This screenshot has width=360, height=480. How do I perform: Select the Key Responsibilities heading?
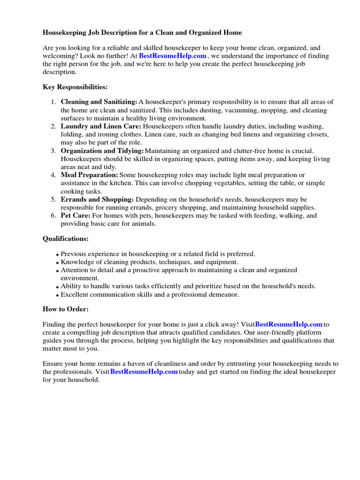coord(75,87)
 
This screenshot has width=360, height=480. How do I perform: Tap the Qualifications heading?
coord(66,239)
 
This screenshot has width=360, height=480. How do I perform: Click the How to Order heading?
coord(66,309)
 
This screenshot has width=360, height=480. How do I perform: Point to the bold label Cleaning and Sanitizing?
coord(99,102)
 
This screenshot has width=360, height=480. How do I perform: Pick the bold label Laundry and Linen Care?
coord(101,127)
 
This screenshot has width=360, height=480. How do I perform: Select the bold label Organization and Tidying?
coord(102,151)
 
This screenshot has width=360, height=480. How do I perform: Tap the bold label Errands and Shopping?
coord(97,200)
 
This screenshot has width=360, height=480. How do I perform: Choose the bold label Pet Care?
coord(75,216)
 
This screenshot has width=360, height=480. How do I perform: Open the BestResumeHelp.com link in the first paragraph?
coord(172,56)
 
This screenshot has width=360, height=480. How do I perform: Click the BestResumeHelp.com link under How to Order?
coord(289,324)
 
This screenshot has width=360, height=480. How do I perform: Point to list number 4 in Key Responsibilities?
coord(53,175)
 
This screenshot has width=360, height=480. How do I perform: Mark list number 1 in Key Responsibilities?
coord(53,102)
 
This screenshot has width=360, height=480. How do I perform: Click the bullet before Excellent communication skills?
coord(57,295)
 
